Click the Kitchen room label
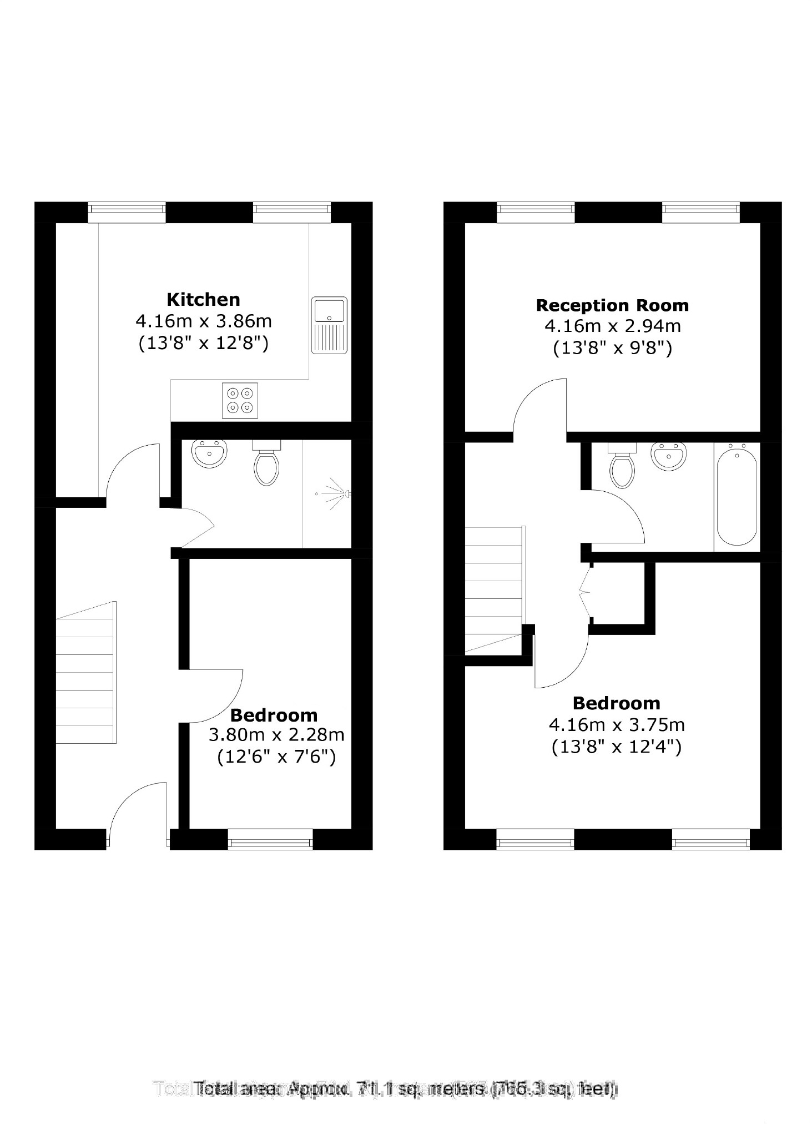(203, 300)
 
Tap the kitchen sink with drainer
(329, 325)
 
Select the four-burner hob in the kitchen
(240, 400)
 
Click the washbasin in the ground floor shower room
(209, 453)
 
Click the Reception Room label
(612, 305)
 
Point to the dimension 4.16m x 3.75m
(616, 725)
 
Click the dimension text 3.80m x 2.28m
(276, 735)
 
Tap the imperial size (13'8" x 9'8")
(613, 348)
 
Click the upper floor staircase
(495, 588)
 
